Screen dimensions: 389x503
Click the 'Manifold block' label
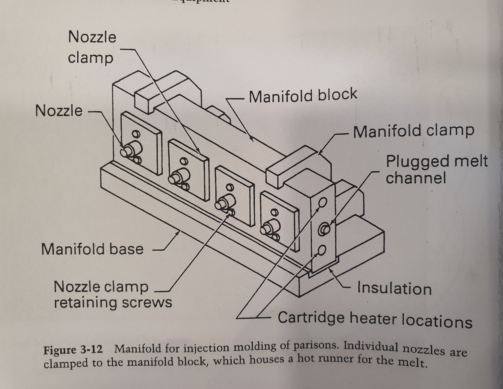[303, 95]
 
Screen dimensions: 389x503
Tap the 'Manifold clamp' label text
[413, 131]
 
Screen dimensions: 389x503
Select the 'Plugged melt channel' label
[436, 169]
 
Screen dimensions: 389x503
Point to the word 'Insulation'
[394, 288]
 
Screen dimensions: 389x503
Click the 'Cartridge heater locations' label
[375, 319]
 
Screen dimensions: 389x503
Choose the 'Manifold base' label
[92, 249]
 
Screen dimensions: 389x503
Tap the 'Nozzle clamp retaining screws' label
[113, 294]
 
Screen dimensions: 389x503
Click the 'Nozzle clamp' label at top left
[92, 48]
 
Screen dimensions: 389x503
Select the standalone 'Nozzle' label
[59, 111]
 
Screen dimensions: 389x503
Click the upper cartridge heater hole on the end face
[323, 202]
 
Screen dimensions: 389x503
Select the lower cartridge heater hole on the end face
[322, 250]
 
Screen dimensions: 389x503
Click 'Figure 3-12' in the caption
[73, 349]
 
